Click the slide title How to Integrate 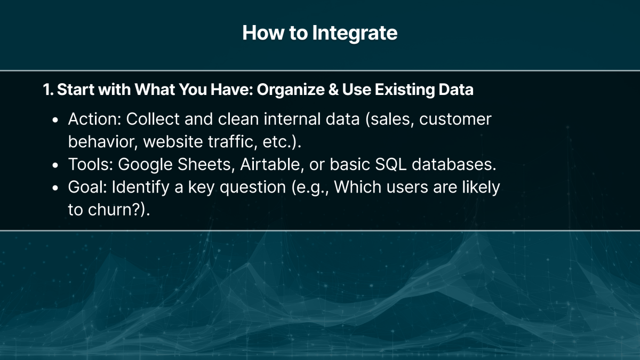pos(319,33)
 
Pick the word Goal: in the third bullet pos(87,188)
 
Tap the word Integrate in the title pos(355,33)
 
